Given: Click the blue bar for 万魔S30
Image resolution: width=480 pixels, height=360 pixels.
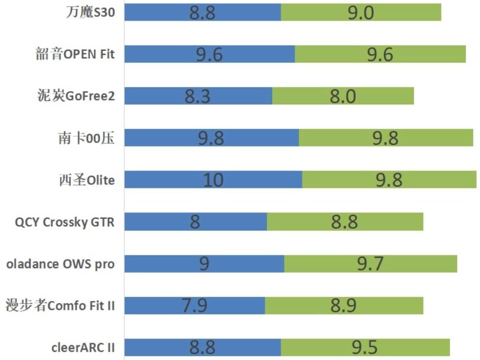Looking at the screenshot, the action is coord(203,12).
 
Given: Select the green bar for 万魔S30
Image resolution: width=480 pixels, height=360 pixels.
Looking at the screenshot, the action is coord(361,12).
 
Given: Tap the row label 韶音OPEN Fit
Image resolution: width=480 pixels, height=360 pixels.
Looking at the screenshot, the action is coord(75,54).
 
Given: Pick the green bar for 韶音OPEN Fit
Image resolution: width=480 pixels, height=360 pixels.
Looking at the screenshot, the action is coord(380,54).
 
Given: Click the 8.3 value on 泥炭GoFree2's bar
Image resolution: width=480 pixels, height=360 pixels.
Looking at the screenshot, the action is coord(197,96).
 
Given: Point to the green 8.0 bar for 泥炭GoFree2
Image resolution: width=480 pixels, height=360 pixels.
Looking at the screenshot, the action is coord(343,96).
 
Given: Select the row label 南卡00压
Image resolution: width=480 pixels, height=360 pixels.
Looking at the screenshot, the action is coord(86,138).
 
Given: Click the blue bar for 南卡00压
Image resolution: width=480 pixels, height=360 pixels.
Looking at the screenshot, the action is coord(212,138).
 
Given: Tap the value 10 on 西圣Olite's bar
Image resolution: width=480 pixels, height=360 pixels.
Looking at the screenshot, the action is coord(214,179).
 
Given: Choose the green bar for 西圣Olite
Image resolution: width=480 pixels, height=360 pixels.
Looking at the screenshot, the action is coord(389,179).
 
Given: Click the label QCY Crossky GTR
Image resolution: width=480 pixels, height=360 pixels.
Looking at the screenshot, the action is coord(65,222).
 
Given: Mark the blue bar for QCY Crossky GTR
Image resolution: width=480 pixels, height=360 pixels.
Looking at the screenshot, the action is coord(196,221).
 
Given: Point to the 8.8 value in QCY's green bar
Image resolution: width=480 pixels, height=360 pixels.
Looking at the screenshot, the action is coord(344,221).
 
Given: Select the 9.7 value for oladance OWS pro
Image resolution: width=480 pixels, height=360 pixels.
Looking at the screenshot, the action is coord(370,263).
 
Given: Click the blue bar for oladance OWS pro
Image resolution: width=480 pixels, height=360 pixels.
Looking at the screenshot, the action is coord(205,263).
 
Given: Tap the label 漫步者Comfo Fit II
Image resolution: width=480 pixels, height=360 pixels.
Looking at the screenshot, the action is coord(60,305).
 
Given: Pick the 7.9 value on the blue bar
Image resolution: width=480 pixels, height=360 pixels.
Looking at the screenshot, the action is coord(194,305).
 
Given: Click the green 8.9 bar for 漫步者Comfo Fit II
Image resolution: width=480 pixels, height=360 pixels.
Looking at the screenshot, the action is coord(344,305).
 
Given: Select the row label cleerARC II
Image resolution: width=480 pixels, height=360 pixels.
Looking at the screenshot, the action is coord(83,347).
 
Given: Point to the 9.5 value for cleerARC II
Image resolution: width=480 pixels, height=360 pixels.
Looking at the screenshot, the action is coord(365,347).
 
